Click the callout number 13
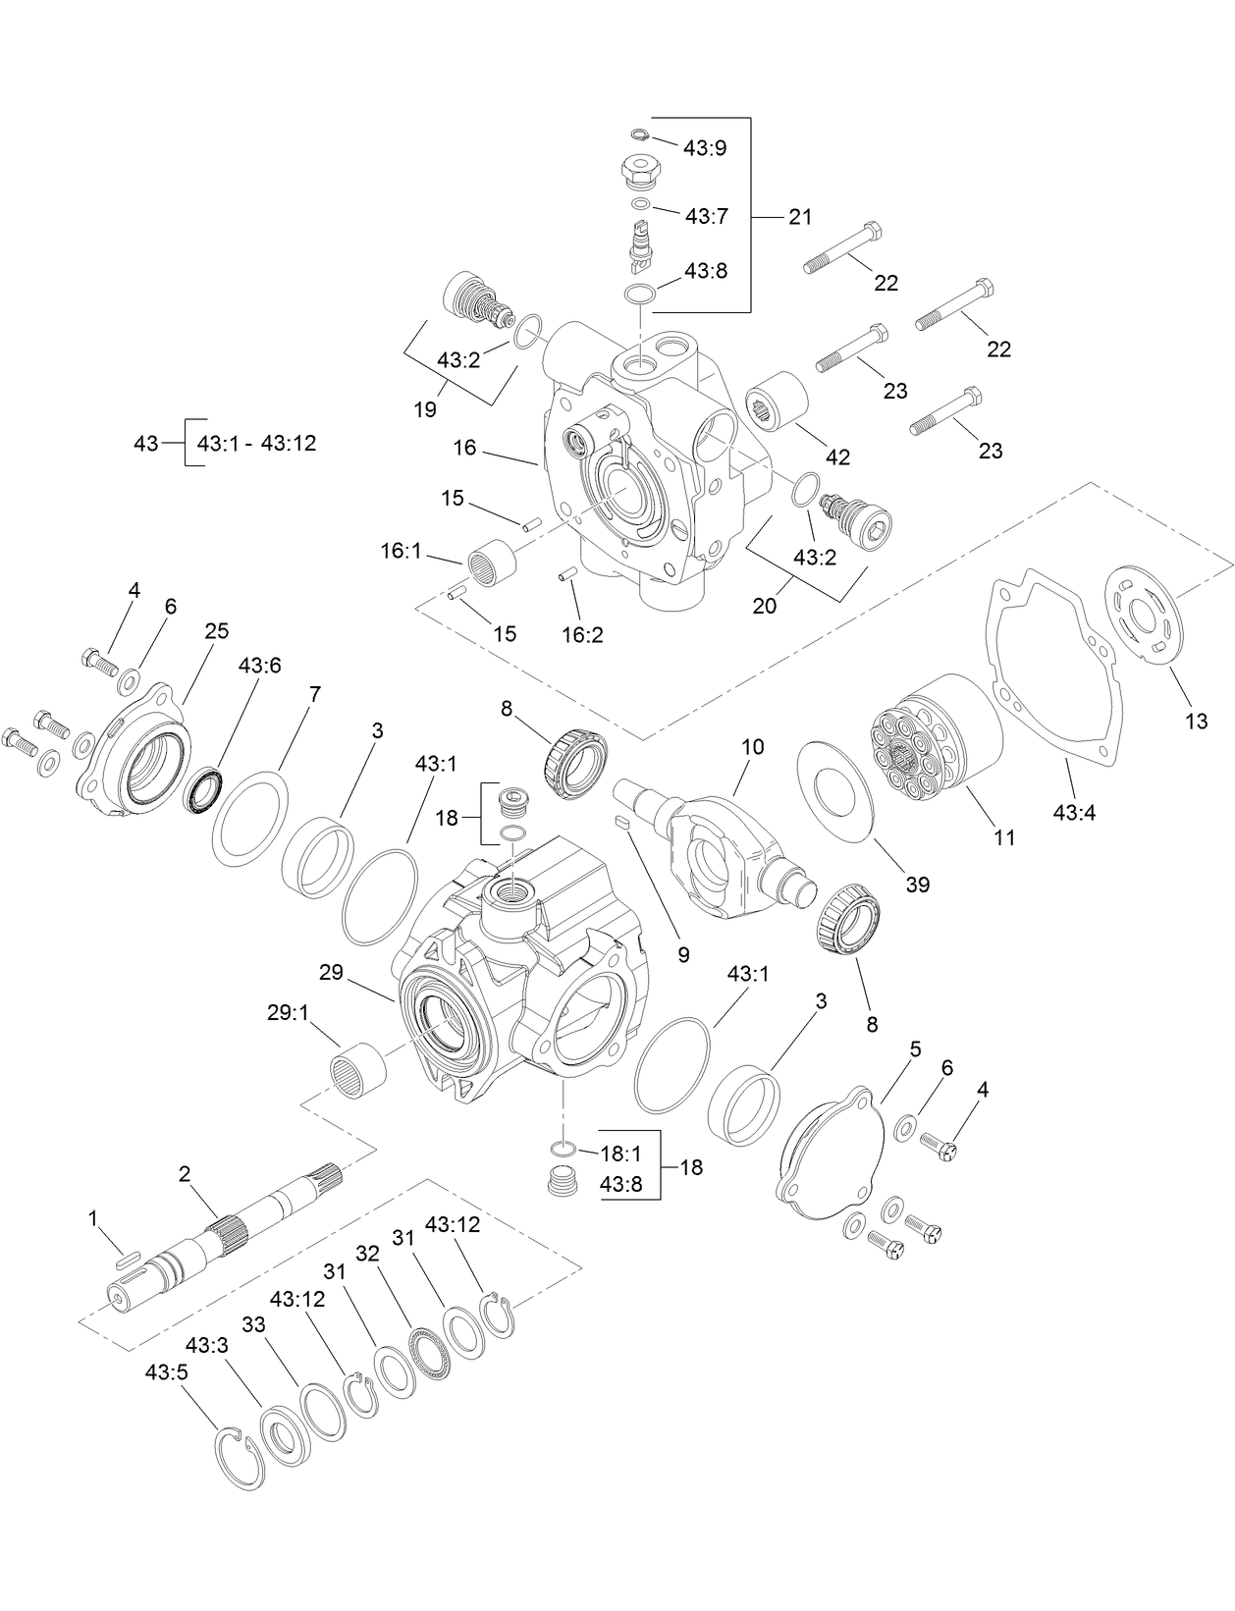point(1196,722)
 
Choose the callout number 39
point(917,884)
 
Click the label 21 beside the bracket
point(800,217)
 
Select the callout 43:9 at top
point(705,148)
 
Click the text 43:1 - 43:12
point(256,444)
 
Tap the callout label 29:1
point(288,1012)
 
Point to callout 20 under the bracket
point(764,606)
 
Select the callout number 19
point(424,409)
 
